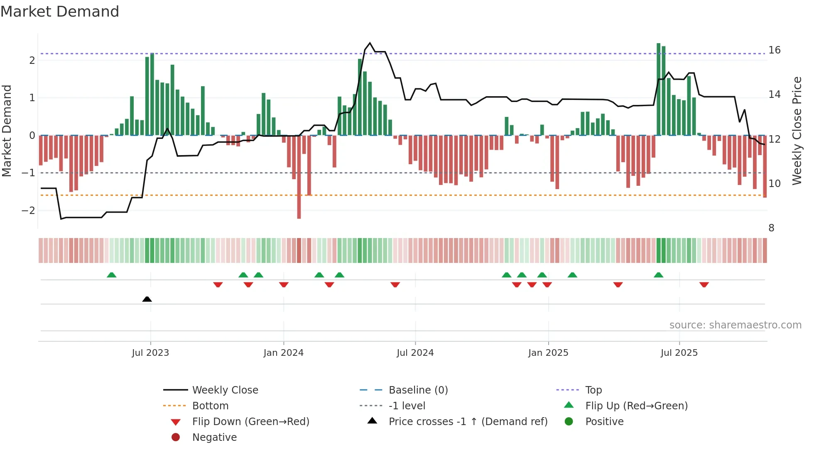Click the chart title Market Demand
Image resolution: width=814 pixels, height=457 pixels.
coord(60,12)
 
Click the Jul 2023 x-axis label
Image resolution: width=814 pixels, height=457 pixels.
coord(150,353)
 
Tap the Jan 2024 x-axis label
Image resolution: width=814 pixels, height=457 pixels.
coord(283,353)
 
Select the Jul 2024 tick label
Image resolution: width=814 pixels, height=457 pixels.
coord(415,353)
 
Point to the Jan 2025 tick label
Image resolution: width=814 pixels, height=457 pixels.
coord(548,353)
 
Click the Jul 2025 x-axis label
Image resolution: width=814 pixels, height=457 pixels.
coord(679,353)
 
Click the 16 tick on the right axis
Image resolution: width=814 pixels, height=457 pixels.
coord(774,50)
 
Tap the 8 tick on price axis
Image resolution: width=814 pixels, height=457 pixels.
coord(771,228)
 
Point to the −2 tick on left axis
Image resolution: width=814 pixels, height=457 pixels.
coord(28,211)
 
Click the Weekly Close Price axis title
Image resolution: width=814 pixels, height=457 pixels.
coord(797,131)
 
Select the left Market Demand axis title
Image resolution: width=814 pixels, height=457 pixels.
coord(7,131)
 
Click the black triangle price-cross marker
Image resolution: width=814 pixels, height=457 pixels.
coord(147,299)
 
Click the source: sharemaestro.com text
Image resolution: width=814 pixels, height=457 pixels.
coord(735,325)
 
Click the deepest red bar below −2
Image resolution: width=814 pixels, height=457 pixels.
coord(299,207)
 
